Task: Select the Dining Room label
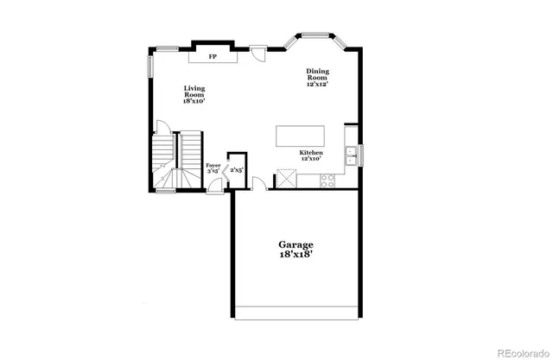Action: coord(317,78)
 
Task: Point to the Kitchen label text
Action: coord(311,155)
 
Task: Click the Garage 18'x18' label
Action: coord(296,250)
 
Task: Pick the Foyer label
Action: coord(213,167)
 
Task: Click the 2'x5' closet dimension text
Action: coord(236,170)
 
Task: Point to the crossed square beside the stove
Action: coord(285,180)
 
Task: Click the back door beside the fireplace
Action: coord(257,52)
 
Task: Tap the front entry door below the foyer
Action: coord(215,192)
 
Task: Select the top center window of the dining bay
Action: coord(317,36)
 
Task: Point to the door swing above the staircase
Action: coord(162,127)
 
